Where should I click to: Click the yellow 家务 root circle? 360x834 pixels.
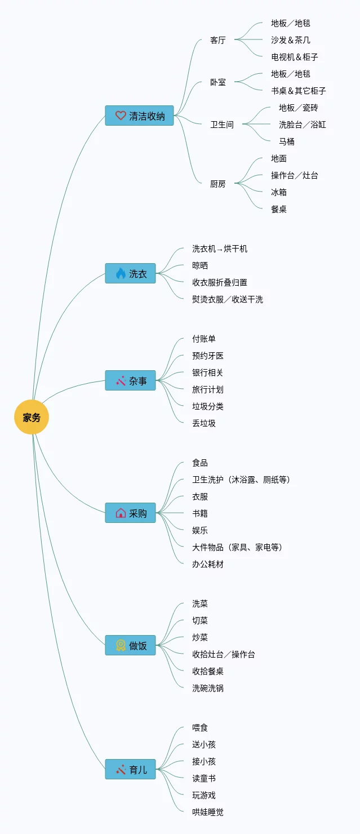pos(32,418)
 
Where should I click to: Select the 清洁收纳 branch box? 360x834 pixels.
pos(139,116)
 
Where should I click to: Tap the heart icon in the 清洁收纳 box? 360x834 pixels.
pos(121,116)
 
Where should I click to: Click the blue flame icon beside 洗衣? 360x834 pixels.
pos(121,273)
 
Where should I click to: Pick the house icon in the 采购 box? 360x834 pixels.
pos(121,513)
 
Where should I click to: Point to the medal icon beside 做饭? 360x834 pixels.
pos(121,645)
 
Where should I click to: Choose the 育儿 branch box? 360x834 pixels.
pos(130,769)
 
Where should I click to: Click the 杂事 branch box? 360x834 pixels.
pos(130,380)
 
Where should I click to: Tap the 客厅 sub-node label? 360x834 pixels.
pos(217,40)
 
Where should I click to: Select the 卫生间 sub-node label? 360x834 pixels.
pos(222,125)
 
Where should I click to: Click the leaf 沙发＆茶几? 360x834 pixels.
pos(290,40)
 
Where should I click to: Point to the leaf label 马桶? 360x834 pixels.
pos(286,141)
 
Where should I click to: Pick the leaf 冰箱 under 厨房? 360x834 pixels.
pos(278,192)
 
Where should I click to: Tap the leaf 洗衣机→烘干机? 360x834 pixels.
pos(219,249)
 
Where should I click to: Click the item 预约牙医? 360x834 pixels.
pos(207,356)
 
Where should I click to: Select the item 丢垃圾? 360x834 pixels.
pos(203,423)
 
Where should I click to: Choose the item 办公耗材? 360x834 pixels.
pos(207,564)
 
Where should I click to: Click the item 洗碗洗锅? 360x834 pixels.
pos(207,688)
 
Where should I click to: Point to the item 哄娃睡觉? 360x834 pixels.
pos(207,812)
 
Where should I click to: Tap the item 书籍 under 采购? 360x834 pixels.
pos(199,513)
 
